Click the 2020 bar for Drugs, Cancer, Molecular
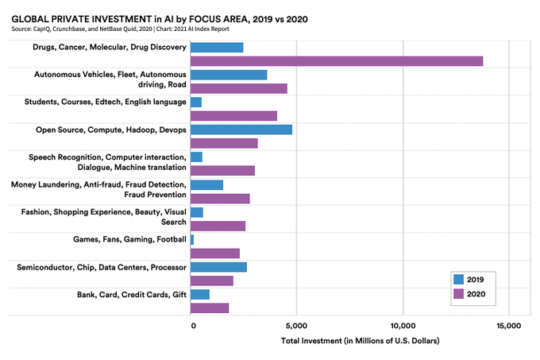coord(337,61)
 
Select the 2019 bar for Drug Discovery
coord(217,48)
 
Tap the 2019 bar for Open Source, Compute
coord(241,130)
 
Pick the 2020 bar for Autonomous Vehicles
coord(239,88)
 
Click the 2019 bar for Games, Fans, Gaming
coord(192,240)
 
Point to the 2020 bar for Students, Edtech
coord(233,116)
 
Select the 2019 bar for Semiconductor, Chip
coord(218,267)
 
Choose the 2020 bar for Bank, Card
coord(210,308)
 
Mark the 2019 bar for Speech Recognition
coord(196,157)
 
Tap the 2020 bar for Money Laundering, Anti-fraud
coord(220,199)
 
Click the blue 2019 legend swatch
coord(458,280)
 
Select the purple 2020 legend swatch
coord(458,294)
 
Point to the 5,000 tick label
coord(296,326)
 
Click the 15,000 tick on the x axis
coord(509,326)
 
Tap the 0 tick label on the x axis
coord(193,326)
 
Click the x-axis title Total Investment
coord(360,341)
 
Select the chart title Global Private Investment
coord(160,19)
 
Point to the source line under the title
coord(120,29)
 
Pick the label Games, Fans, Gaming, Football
coord(129,239)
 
